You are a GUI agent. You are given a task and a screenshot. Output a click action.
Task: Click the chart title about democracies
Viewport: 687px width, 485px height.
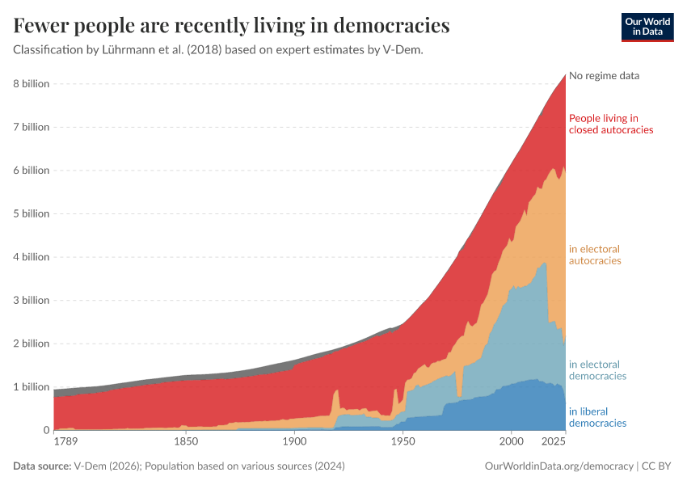[x=231, y=26]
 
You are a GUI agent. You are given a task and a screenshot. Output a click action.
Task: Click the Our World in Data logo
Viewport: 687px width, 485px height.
[x=647, y=27]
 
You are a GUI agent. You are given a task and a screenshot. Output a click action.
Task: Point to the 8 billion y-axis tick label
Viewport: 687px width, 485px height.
[x=31, y=84]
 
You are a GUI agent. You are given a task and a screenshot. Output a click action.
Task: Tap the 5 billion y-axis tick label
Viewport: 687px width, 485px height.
[x=31, y=214]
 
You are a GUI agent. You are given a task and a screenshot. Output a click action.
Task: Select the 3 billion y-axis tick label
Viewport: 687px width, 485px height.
[x=31, y=301]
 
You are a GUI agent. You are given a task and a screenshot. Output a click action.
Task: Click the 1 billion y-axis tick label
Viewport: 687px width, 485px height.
[x=31, y=387]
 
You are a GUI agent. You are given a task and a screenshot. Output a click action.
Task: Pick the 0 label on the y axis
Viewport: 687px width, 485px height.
[x=44, y=431]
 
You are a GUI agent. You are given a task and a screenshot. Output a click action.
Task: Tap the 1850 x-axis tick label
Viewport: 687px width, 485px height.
[x=186, y=442]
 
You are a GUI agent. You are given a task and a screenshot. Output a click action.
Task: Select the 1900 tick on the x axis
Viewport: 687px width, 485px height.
[x=294, y=442]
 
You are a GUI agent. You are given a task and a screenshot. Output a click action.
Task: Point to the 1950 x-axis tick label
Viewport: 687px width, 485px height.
[x=403, y=442]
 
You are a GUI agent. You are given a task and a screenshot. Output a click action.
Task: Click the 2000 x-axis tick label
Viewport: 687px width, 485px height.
[x=511, y=442]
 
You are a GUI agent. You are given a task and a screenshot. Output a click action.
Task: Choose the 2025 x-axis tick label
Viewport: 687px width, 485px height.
[x=553, y=442]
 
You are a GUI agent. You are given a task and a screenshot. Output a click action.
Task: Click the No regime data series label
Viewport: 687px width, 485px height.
[x=604, y=76]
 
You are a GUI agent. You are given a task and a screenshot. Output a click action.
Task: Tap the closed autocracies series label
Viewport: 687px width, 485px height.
[x=610, y=124]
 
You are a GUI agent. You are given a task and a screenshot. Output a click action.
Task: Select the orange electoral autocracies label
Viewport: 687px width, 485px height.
[x=595, y=255]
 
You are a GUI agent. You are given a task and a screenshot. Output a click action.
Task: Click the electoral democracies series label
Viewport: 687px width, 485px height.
[x=597, y=370]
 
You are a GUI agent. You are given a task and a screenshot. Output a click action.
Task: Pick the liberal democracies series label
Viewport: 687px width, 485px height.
[x=597, y=417]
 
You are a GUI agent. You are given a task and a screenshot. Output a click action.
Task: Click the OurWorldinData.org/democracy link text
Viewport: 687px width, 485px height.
[x=558, y=466]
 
